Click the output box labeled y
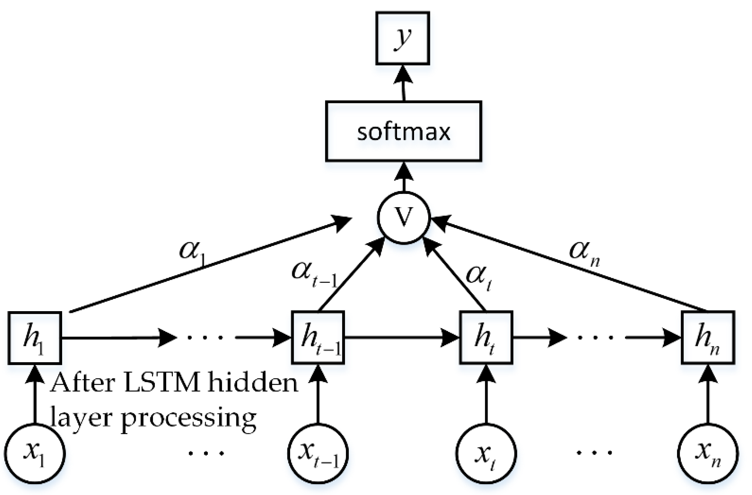[403, 38]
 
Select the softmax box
[403, 131]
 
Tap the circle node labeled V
[404, 218]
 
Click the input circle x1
[35, 454]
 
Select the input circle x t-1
[318, 454]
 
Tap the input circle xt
[486, 454]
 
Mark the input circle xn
[708, 454]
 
